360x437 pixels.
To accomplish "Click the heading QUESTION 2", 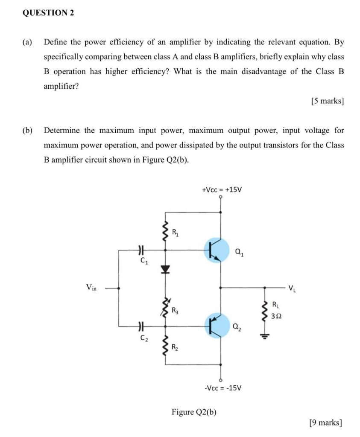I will tap(48, 13).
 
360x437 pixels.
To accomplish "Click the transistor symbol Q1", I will tap(217, 250).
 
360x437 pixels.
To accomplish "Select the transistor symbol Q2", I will tap(217, 326).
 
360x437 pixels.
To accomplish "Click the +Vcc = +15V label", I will tap(222, 189).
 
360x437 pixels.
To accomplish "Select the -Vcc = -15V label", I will tap(223, 388).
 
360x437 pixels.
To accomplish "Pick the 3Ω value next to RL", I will tap(277, 316).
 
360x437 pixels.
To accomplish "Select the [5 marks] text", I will tap(328, 101).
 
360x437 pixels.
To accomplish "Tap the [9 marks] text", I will tap(326, 422).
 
